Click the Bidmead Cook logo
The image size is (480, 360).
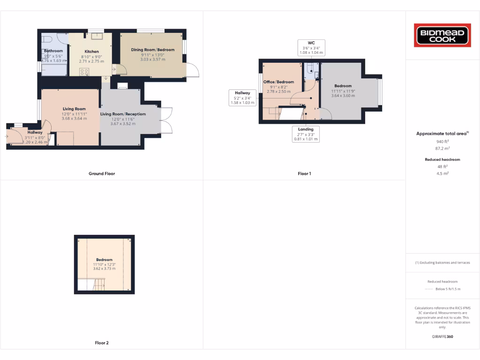point(442,36)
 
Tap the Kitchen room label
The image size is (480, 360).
point(92,52)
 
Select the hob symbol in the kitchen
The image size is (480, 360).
point(85,72)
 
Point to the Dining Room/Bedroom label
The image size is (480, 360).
point(153,50)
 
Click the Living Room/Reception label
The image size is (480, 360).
point(123,114)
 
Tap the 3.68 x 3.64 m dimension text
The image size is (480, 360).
point(74,119)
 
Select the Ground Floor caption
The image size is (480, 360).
point(102,173)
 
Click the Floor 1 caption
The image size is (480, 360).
point(304,173)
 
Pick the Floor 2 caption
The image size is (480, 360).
point(102,343)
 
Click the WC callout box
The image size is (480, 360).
point(311,47)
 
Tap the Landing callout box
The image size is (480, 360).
point(306,134)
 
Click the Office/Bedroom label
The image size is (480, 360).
point(278,82)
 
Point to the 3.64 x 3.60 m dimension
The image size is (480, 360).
point(343,96)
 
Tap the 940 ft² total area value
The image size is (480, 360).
point(442,141)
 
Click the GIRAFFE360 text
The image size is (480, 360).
point(442,337)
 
